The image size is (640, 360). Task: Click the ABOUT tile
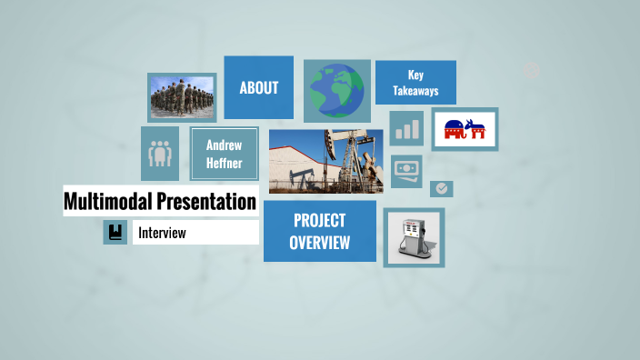[x=258, y=87]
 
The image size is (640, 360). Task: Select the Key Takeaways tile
[x=415, y=83]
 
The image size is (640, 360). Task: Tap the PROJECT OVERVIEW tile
[x=319, y=231]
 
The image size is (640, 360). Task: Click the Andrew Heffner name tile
[x=224, y=154]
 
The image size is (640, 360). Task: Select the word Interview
[x=162, y=233]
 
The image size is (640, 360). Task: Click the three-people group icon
[x=160, y=153]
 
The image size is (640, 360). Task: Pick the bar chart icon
[x=406, y=127]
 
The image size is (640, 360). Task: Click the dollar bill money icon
[x=406, y=169]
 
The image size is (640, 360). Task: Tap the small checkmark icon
[x=441, y=188]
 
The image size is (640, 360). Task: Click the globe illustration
[x=335, y=91]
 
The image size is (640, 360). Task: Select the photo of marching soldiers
[x=182, y=96]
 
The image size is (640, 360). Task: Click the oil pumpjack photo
[x=325, y=161]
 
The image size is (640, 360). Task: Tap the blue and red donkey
[x=475, y=130]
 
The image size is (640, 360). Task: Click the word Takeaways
[x=415, y=91]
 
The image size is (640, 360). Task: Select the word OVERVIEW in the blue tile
[x=319, y=243]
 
